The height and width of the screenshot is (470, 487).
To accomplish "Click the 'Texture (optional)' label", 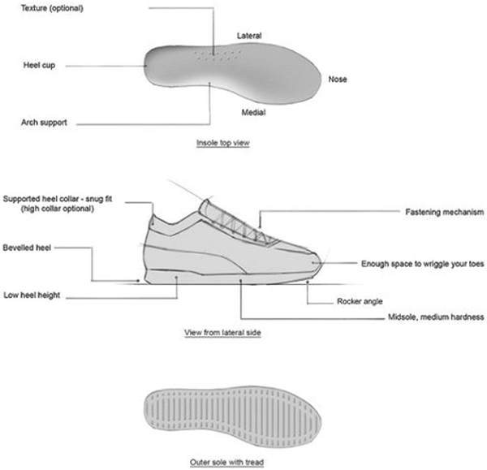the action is coord(52,8).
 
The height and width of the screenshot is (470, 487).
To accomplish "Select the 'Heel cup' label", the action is coord(39,65).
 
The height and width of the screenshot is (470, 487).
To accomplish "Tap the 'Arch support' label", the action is coord(44,123).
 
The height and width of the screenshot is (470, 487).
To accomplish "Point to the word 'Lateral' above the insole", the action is coord(249,36).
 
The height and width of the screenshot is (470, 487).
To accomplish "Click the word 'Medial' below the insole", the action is coord(253,112).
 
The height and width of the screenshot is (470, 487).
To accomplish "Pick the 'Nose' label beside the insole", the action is coord(338,80).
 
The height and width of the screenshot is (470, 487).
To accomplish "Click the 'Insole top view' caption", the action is coord(223,143).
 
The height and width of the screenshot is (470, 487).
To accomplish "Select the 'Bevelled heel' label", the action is coord(27,248).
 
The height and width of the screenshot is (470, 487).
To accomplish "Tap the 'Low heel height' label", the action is coord(32,295).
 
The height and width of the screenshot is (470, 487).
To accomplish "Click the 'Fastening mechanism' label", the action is coord(445,212).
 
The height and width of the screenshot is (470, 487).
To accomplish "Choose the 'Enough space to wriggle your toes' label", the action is coord(422,264).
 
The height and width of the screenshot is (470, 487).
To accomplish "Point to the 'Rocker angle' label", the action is coord(360,301).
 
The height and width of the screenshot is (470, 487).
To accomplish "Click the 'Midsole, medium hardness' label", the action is coord(436,317).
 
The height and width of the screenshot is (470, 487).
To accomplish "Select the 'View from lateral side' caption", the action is coord(222,332).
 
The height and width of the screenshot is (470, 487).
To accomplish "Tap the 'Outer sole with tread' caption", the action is coord(226,462).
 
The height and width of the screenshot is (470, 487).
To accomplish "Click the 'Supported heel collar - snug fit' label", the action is coord(58,199).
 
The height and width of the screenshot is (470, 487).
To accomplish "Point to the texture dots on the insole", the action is coord(218,54).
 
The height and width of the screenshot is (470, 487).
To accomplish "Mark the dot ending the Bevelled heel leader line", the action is coord(138,281).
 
